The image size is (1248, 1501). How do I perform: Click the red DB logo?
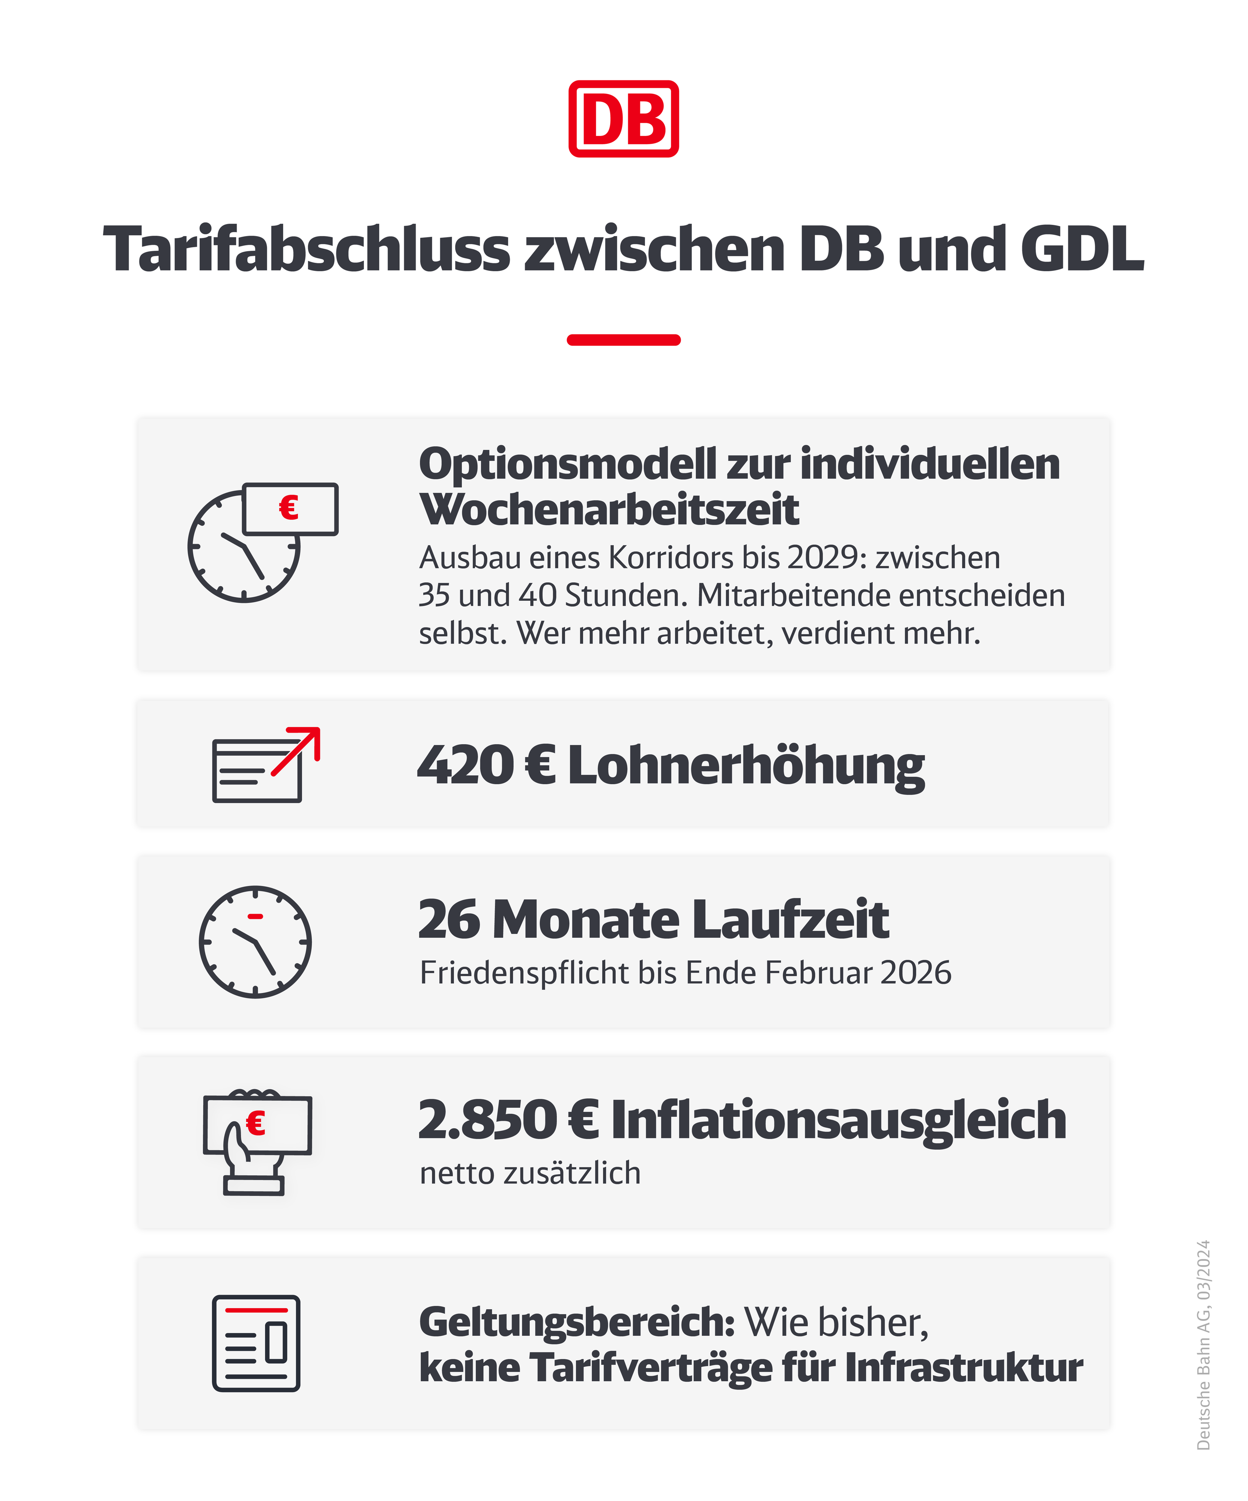point(623,119)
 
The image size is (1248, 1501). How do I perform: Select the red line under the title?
point(623,340)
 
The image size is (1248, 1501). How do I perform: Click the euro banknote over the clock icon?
point(290,509)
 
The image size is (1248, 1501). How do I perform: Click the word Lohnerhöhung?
point(746,766)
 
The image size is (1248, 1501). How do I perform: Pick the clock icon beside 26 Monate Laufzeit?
point(255,942)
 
